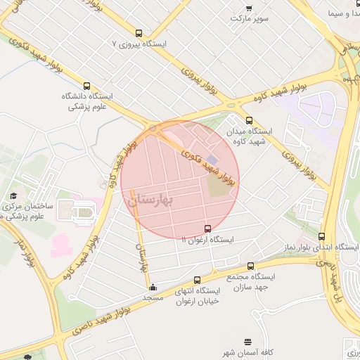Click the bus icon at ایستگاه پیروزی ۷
point(138,33)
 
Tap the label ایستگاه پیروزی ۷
point(139,44)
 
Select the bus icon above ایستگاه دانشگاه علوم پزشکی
point(86,86)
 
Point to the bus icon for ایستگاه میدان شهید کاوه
point(249,120)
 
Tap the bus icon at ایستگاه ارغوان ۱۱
point(207,229)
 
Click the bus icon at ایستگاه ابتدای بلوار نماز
point(322,237)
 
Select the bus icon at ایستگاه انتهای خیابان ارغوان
point(197,280)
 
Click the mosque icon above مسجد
point(153,286)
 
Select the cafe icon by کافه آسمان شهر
point(247,342)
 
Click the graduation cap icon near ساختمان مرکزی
point(13,195)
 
